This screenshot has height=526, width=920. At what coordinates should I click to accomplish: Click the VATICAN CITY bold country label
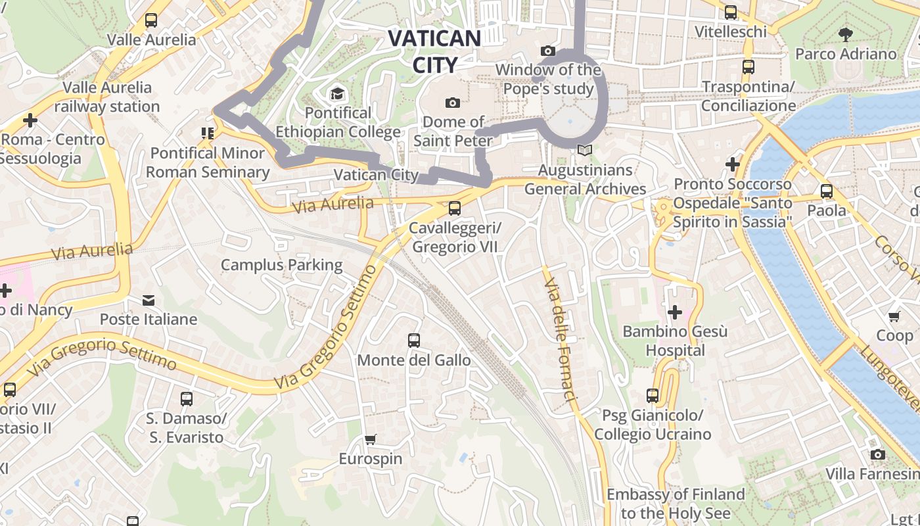coord(434,51)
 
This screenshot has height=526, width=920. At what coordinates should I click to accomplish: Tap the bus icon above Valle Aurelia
coord(151,20)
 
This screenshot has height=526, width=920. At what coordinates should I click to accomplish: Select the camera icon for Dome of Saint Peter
coord(452,103)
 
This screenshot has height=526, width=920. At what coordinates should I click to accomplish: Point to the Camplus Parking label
coord(281,265)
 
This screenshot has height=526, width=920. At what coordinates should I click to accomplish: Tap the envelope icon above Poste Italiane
coord(149,300)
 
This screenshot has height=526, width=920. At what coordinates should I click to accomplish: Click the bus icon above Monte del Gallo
coord(413,341)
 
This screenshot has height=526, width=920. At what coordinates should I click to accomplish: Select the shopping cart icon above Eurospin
coord(371,439)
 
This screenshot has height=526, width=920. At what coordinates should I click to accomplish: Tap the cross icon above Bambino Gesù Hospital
coord(674,312)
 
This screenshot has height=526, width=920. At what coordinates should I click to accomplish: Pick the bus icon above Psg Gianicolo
coord(653,396)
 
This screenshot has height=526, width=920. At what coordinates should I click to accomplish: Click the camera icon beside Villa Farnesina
coord(877,454)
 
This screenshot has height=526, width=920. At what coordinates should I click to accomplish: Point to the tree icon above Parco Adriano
coord(846,34)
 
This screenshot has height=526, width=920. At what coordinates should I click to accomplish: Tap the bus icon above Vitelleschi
coord(731,12)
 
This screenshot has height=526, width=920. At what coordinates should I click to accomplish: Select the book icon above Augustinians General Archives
coord(584,151)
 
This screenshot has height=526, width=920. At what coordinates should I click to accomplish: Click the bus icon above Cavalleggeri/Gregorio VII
coord(454,209)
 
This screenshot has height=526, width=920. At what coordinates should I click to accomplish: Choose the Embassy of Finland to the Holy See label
coord(676,504)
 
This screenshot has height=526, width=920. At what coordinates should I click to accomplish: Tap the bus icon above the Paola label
coord(827,191)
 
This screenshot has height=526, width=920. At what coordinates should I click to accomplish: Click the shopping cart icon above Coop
coord(894,316)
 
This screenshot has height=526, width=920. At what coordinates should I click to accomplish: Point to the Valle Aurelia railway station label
coord(107,97)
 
